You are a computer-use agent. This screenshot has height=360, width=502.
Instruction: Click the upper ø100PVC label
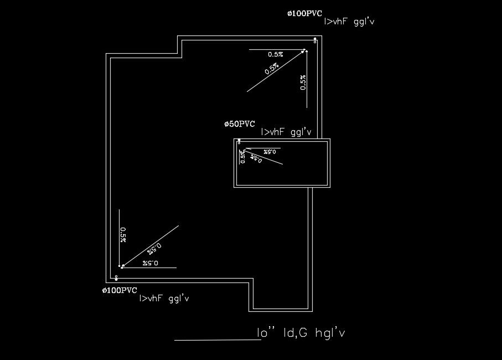(x=304, y=13)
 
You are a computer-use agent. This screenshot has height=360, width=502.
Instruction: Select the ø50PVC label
(x=240, y=124)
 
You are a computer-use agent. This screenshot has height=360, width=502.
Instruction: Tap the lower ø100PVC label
(x=120, y=290)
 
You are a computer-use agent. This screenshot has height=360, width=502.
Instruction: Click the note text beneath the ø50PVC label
(x=286, y=132)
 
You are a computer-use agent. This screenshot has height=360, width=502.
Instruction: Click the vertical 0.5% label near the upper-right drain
(x=302, y=82)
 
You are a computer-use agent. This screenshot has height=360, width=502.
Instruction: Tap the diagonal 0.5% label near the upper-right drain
(x=271, y=69)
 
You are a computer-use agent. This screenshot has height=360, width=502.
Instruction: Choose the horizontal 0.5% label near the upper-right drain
(x=275, y=54)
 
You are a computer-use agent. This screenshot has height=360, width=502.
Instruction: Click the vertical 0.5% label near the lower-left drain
(x=123, y=234)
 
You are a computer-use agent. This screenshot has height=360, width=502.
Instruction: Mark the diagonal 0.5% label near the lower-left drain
(x=154, y=248)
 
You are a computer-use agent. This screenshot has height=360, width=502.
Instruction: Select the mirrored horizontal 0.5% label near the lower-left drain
(x=150, y=263)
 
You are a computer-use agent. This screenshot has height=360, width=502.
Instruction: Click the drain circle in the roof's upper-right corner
(x=315, y=40)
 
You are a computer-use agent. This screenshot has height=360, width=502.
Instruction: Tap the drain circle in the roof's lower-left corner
(x=116, y=277)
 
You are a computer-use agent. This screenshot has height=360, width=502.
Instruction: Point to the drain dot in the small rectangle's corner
(x=239, y=141)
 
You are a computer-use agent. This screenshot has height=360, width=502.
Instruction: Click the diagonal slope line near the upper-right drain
(x=275, y=70)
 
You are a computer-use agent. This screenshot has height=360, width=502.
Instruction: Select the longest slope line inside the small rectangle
(x=263, y=156)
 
